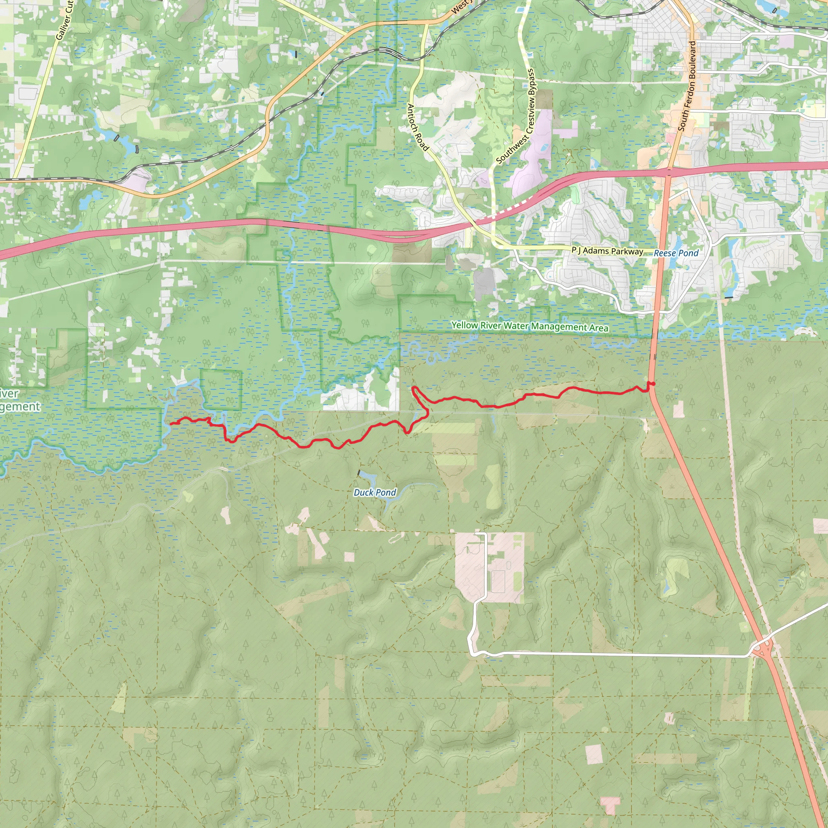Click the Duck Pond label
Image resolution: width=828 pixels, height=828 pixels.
point(374,492)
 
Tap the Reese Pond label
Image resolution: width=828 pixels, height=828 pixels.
point(676,253)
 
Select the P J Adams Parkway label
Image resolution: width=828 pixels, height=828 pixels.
point(607,251)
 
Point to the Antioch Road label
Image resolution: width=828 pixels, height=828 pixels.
point(417,127)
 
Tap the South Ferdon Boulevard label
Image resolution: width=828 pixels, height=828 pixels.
point(687,86)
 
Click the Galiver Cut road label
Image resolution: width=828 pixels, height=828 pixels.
point(65,21)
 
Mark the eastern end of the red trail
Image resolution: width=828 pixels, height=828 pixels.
point(653,384)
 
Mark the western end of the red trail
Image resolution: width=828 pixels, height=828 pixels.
point(171,423)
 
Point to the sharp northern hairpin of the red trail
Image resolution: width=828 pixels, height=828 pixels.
point(414,388)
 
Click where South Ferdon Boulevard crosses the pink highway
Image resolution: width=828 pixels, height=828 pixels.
point(670,172)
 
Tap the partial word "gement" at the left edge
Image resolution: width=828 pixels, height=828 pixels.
point(20,406)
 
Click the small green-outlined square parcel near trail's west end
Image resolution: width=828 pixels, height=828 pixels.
point(221,390)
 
